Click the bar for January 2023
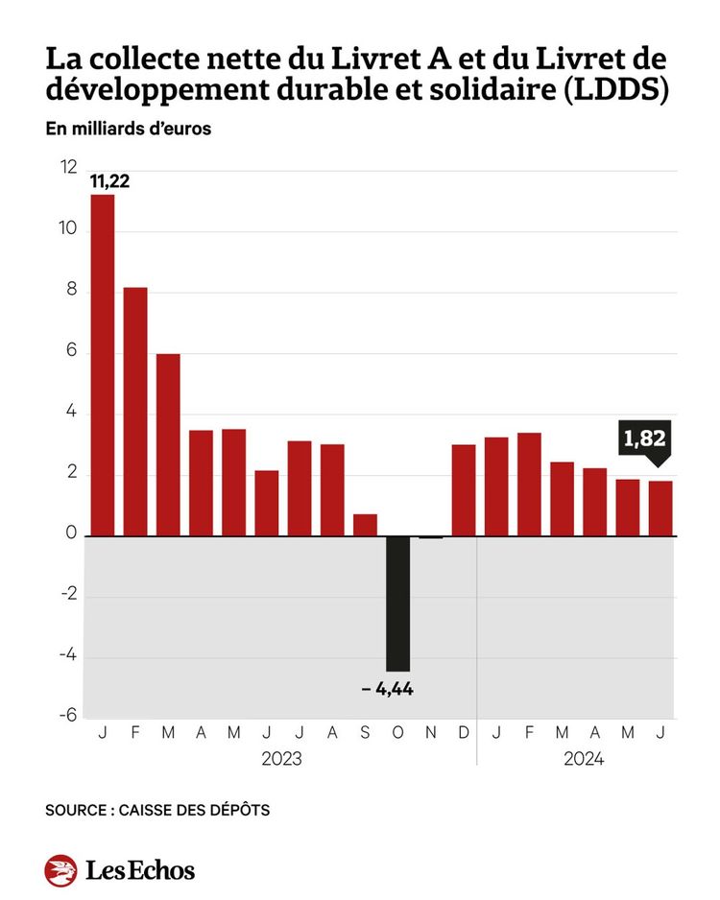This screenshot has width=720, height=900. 102,365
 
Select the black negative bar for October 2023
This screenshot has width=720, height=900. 397,603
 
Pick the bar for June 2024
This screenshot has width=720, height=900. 660,508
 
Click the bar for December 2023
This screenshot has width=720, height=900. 464,489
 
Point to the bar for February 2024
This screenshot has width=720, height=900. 529,484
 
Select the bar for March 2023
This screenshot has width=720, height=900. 168,444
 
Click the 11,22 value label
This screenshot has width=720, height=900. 109,181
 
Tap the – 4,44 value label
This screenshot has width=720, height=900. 388,689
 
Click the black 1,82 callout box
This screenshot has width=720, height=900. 645,440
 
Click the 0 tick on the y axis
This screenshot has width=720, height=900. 70,535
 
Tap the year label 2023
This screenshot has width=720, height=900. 281,759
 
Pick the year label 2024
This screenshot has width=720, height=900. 584,759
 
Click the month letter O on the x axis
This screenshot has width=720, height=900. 397,734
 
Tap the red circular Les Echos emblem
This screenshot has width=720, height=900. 60,870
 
